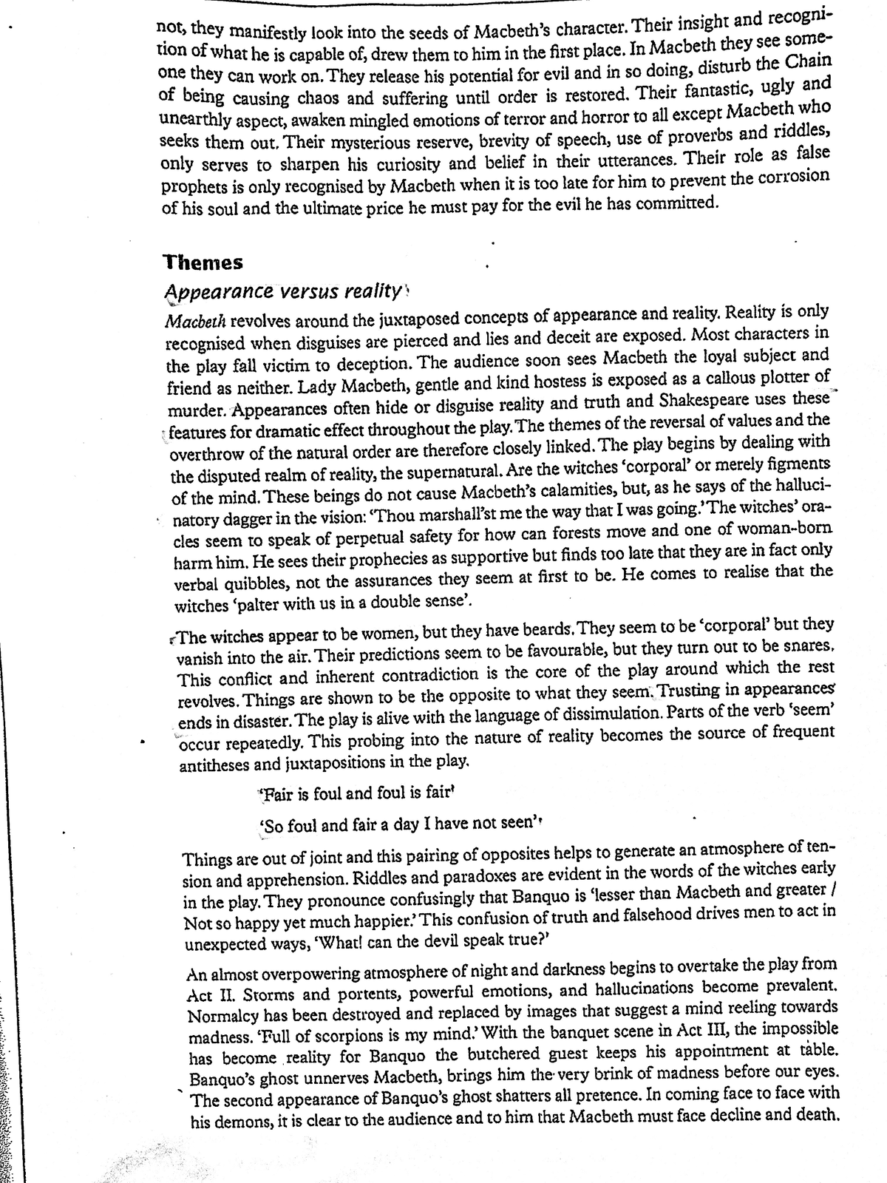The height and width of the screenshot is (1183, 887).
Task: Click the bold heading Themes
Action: click(x=203, y=262)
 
